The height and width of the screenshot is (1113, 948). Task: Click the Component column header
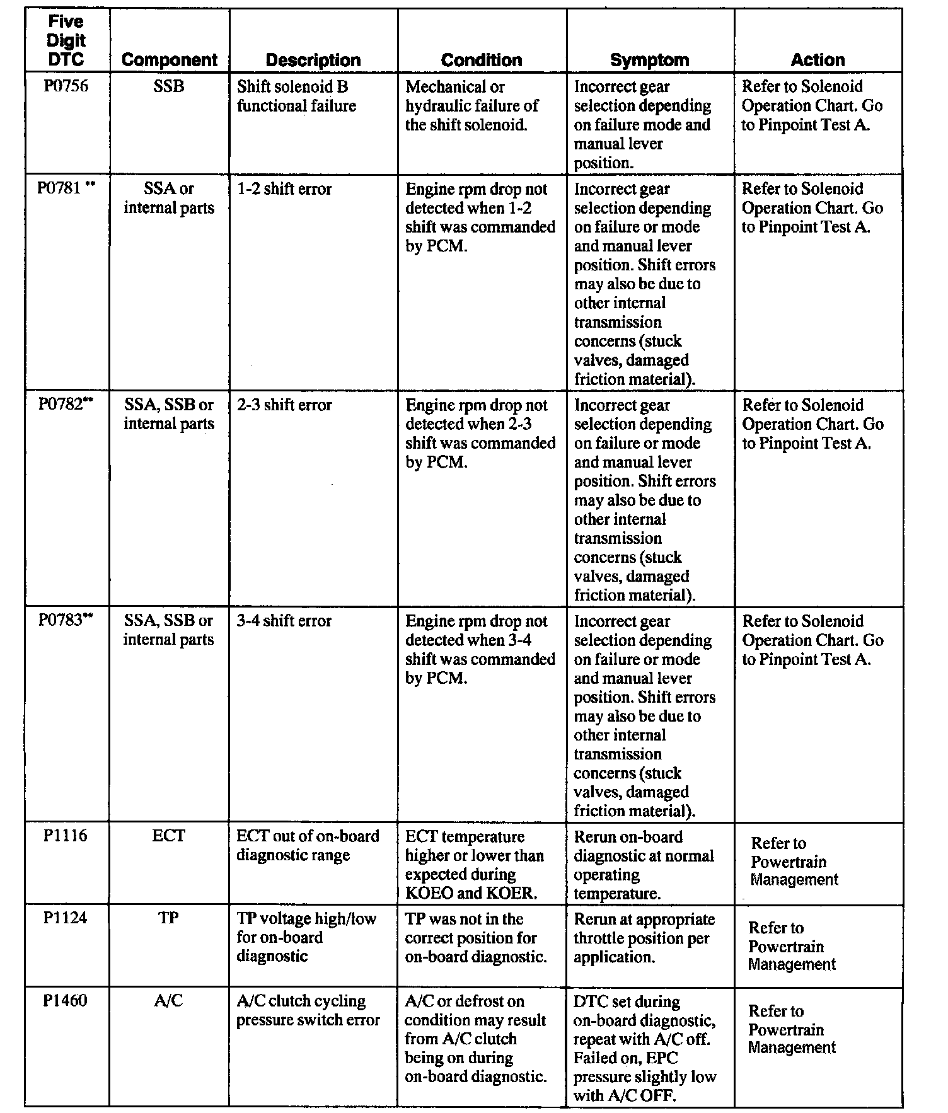(169, 60)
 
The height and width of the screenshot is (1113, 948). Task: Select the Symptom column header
(650, 60)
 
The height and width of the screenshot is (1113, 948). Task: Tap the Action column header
(818, 60)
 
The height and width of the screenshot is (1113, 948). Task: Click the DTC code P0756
(66, 86)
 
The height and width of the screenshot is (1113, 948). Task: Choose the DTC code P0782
(61, 405)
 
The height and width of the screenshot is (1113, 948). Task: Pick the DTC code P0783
(61, 620)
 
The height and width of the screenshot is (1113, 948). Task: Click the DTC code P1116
(66, 836)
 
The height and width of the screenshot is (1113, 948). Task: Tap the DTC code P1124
(66, 918)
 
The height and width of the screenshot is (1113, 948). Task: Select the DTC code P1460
(66, 1001)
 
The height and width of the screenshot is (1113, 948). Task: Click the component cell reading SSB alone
(169, 86)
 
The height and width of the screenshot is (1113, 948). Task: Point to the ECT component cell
(169, 836)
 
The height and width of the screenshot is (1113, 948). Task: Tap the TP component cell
(169, 918)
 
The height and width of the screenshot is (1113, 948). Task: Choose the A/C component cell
(169, 1001)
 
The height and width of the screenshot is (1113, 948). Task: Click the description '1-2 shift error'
(284, 188)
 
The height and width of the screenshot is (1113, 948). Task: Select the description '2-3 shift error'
(284, 405)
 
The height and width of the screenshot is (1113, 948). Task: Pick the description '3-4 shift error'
(284, 620)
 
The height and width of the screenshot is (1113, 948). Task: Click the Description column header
(313, 60)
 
